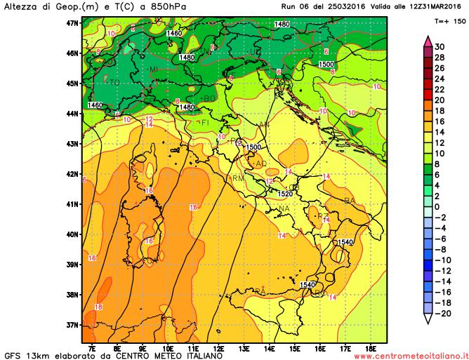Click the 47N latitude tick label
coord(72,22)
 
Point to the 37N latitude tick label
coord(72,325)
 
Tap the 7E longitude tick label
coord(92,347)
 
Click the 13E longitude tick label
coord(244,347)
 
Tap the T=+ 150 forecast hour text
coord(446,22)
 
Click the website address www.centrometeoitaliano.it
coord(411,356)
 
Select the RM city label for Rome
coord(237,178)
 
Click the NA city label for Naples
coord(284,208)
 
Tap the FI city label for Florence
coord(206,124)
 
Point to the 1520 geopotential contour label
coord(285,194)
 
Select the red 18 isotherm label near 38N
coord(98,307)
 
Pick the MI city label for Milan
coord(153,69)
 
